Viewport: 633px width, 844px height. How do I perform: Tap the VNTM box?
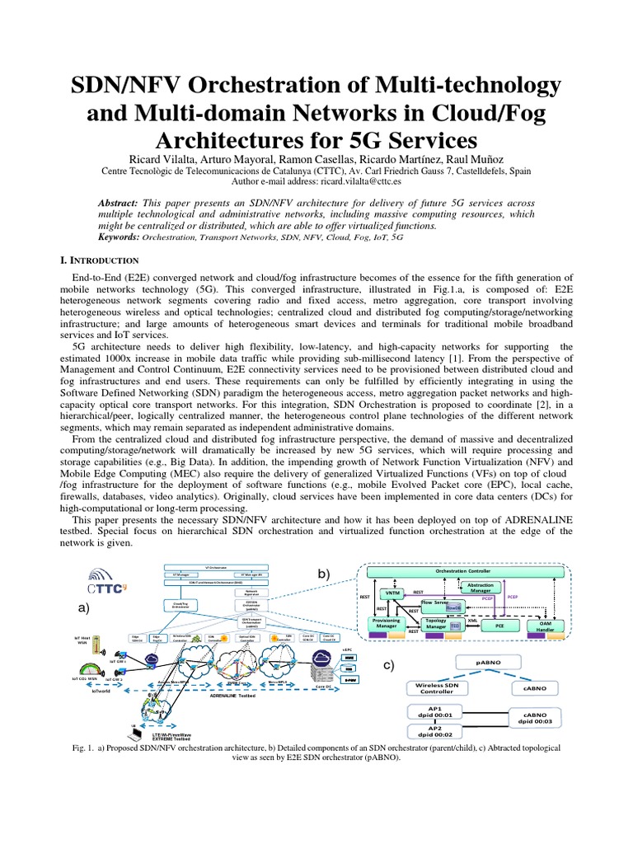[x=392, y=593]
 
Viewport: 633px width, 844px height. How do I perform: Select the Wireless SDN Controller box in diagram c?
[x=437, y=687]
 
